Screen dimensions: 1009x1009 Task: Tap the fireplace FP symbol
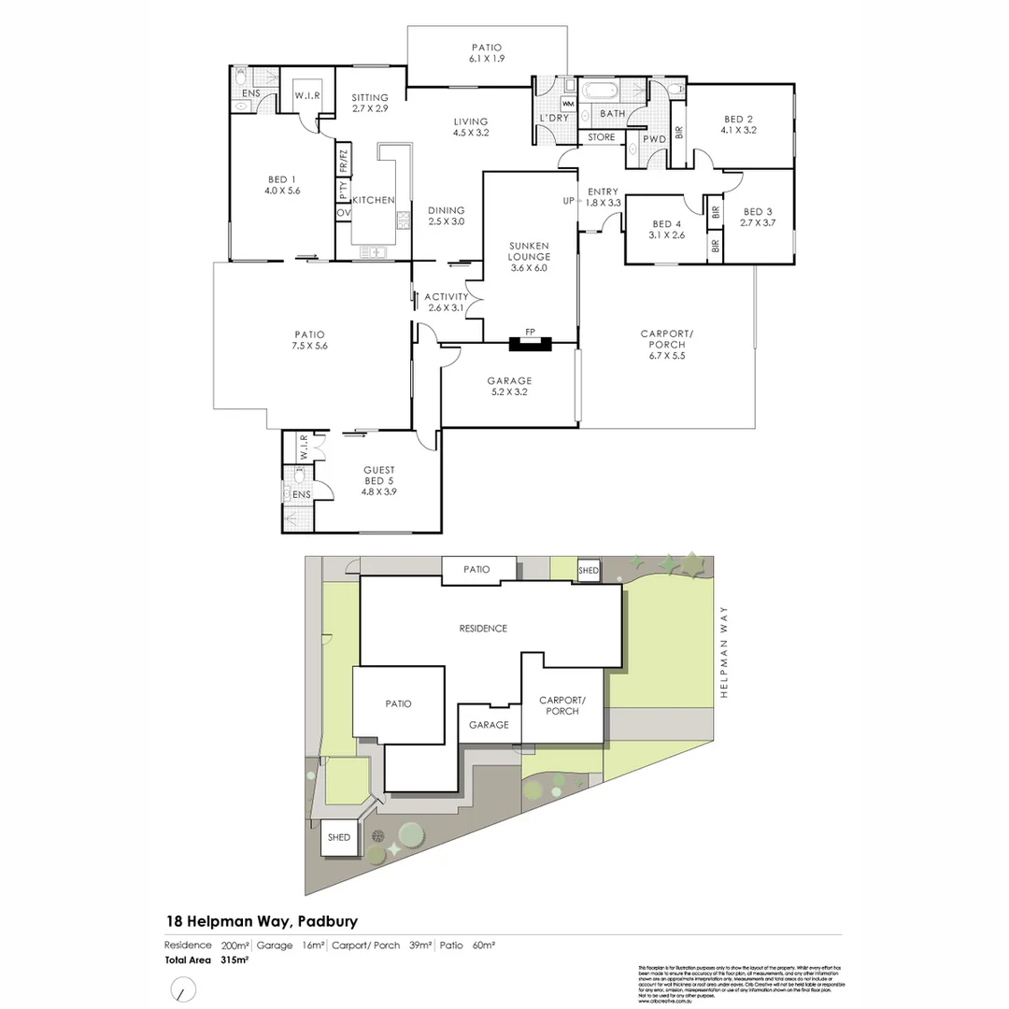coord(530,332)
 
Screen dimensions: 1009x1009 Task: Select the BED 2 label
coord(738,119)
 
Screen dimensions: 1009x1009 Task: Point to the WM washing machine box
coord(568,103)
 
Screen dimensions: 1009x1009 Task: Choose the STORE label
coord(602,137)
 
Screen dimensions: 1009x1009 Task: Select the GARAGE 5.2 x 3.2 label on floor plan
coord(509,387)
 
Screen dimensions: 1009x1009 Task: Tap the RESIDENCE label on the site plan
coord(483,629)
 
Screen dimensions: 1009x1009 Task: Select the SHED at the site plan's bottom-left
coord(338,837)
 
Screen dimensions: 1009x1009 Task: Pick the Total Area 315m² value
coord(234,959)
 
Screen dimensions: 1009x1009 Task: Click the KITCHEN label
coord(373,200)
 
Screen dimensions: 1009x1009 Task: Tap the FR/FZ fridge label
coord(343,162)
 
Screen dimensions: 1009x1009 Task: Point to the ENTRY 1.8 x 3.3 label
coord(604,197)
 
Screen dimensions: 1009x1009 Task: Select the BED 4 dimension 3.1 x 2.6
coord(667,235)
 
